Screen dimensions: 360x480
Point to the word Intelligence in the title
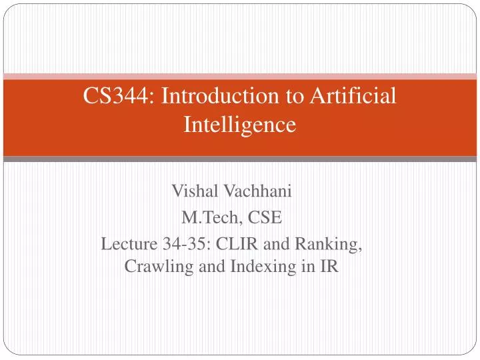[x=239, y=124]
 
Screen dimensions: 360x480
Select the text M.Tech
[x=207, y=217]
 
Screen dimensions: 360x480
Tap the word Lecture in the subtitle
[x=125, y=243]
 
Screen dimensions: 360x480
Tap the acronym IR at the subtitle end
[x=331, y=267]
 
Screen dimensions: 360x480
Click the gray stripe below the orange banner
[x=240, y=159]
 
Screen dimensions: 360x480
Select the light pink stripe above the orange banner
[x=240, y=76]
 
